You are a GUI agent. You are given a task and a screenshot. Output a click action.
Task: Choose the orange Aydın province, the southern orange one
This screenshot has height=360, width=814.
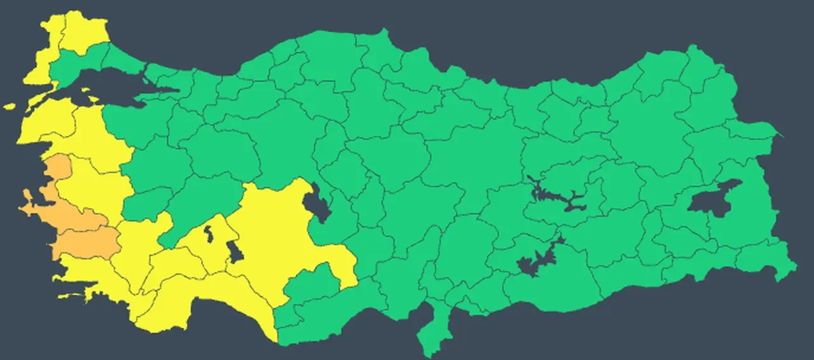tap(86, 244)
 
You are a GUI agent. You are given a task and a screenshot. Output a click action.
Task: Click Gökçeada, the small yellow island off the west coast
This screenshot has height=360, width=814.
tap(9, 106)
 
